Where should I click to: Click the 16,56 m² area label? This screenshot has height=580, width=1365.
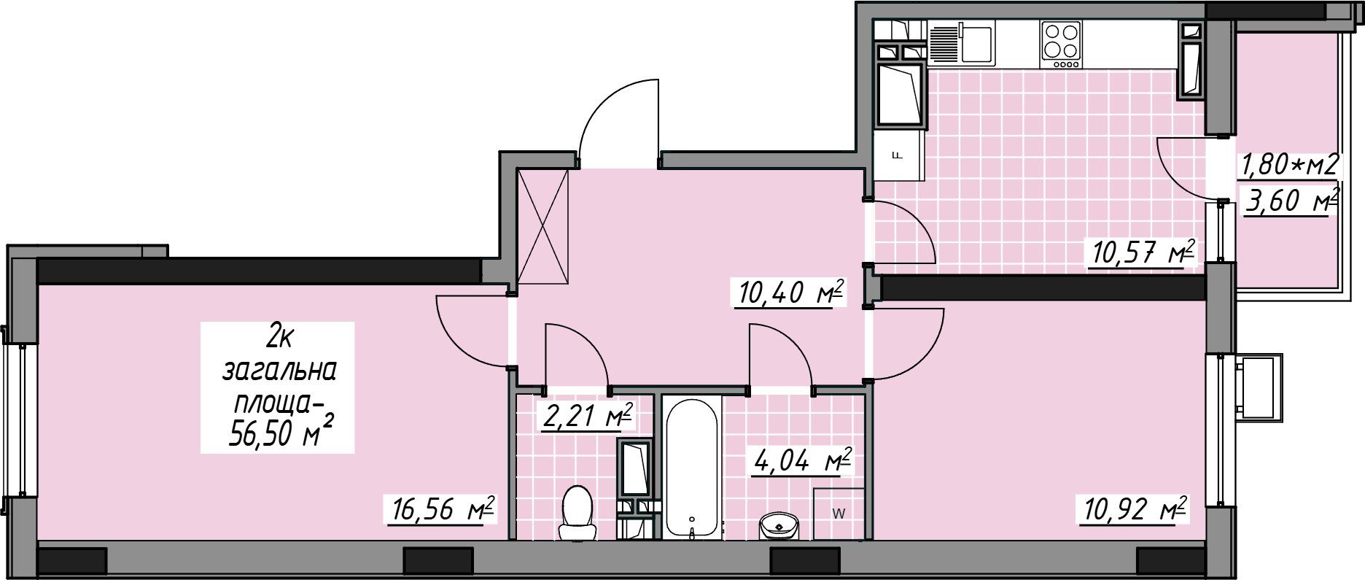click(x=443, y=509)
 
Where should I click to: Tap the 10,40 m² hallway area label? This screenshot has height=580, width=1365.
click(x=791, y=293)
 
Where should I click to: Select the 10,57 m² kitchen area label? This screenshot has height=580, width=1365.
click(x=1143, y=253)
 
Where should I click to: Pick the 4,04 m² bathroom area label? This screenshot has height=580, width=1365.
click(x=803, y=461)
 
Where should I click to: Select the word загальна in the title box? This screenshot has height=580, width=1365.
click(x=279, y=371)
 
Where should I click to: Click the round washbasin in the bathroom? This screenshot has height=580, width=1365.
click(x=779, y=525)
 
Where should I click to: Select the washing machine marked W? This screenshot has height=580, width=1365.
click(x=839, y=514)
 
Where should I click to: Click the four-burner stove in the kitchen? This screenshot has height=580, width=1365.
click(x=1061, y=45)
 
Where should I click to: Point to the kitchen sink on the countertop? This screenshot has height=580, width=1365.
click(x=961, y=42)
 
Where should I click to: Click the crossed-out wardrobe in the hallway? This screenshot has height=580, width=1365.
click(x=542, y=225)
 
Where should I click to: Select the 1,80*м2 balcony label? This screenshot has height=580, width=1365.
click(x=1290, y=164)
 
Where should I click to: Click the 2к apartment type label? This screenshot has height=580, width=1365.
click(x=280, y=337)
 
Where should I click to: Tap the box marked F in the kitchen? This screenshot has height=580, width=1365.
click(x=898, y=155)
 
